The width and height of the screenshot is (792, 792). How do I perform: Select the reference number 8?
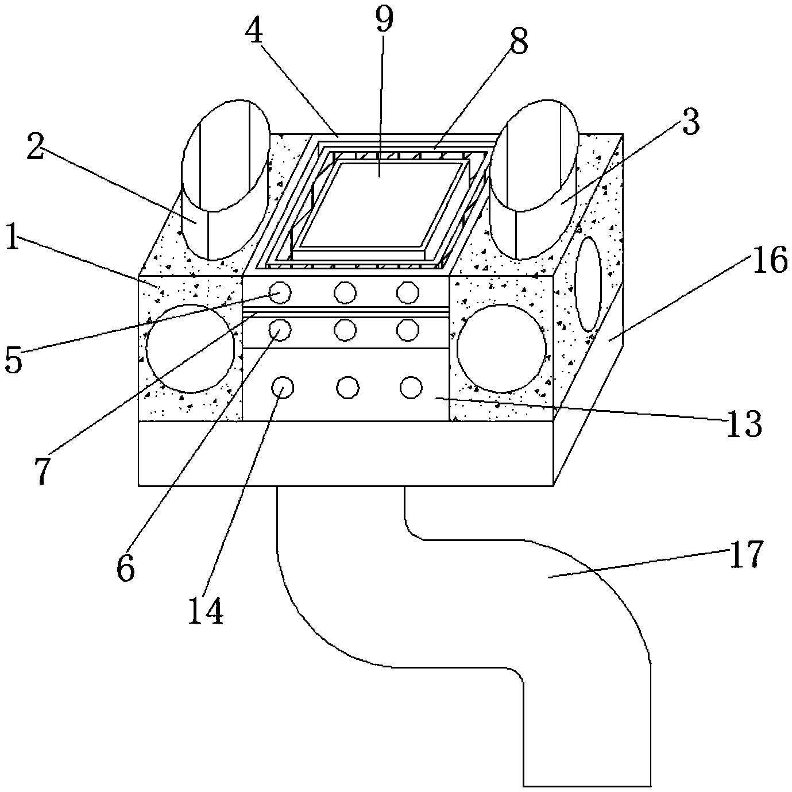click(x=519, y=41)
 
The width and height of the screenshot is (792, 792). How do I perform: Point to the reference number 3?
click(x=690, y=122)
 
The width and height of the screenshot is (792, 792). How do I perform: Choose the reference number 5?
click(x=14, y=359)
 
